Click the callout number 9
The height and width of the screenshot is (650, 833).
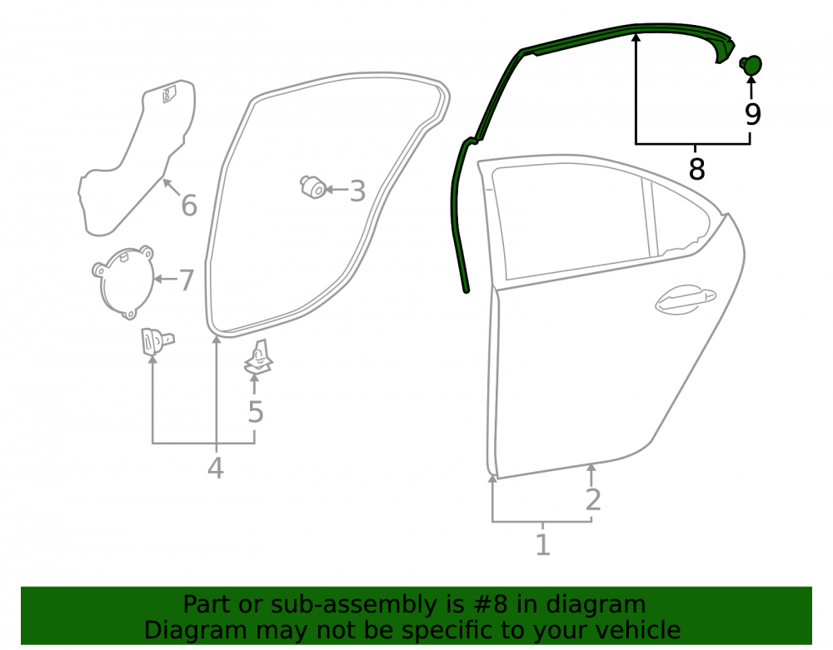[x=752, y=114]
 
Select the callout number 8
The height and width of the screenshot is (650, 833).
[x=696, y=169]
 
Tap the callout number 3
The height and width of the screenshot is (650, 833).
[x=357, y=191]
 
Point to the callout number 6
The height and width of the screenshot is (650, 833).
[x=189, y=206]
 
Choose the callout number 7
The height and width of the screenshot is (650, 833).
[x=187, y=280]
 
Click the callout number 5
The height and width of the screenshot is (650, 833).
[x=256, y=412]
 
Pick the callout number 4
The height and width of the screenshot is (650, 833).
[x=215, y=468]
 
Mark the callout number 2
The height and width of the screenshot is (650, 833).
[x=593, y=500]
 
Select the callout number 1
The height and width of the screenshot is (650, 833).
[x=542, y=545]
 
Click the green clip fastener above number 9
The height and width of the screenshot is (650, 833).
[x=751, y=65]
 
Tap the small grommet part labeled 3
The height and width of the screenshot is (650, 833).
[x=313, y=187]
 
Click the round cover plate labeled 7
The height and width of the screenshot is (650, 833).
[x=124, y=282]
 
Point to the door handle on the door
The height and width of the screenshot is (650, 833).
[x=686, y=300]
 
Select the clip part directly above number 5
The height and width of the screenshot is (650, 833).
[x=259, y=358]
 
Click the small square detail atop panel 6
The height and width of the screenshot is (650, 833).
[x=169, y=94]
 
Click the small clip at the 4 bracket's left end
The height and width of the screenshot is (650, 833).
[x=157, y=341]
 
